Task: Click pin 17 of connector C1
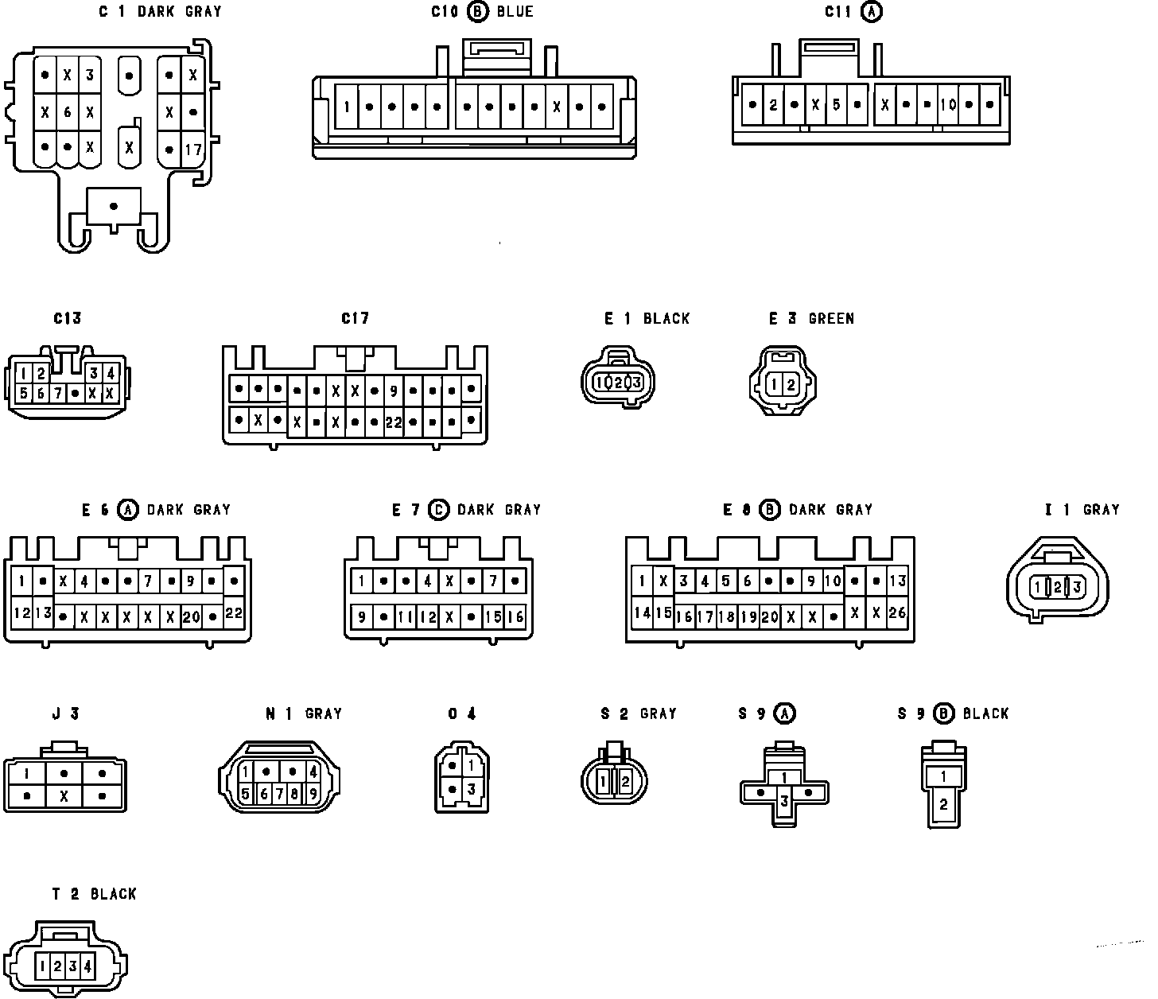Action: tap(193, 149)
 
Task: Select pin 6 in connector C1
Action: tap(68, 112)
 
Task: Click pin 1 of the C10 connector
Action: tap(348, 106)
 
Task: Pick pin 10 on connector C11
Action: tap(947, 104)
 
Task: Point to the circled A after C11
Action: tap(872, 12)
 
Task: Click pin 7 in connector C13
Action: tap(57, 393)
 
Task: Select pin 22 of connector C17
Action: tap(394, 422)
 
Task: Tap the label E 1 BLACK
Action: tap(647, 319)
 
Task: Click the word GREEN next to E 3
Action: tap(831, 319)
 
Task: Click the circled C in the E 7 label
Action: tap(438, 510)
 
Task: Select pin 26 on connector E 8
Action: tap(896, 612)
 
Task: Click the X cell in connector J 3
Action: tap(64, 795)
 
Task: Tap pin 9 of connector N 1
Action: tap(313, 793)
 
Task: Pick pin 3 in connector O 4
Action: tap(472, 789)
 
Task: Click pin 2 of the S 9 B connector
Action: tap(943, 804)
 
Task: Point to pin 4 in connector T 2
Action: tap(87, 966)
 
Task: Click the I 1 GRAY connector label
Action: tap(1082, 510)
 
